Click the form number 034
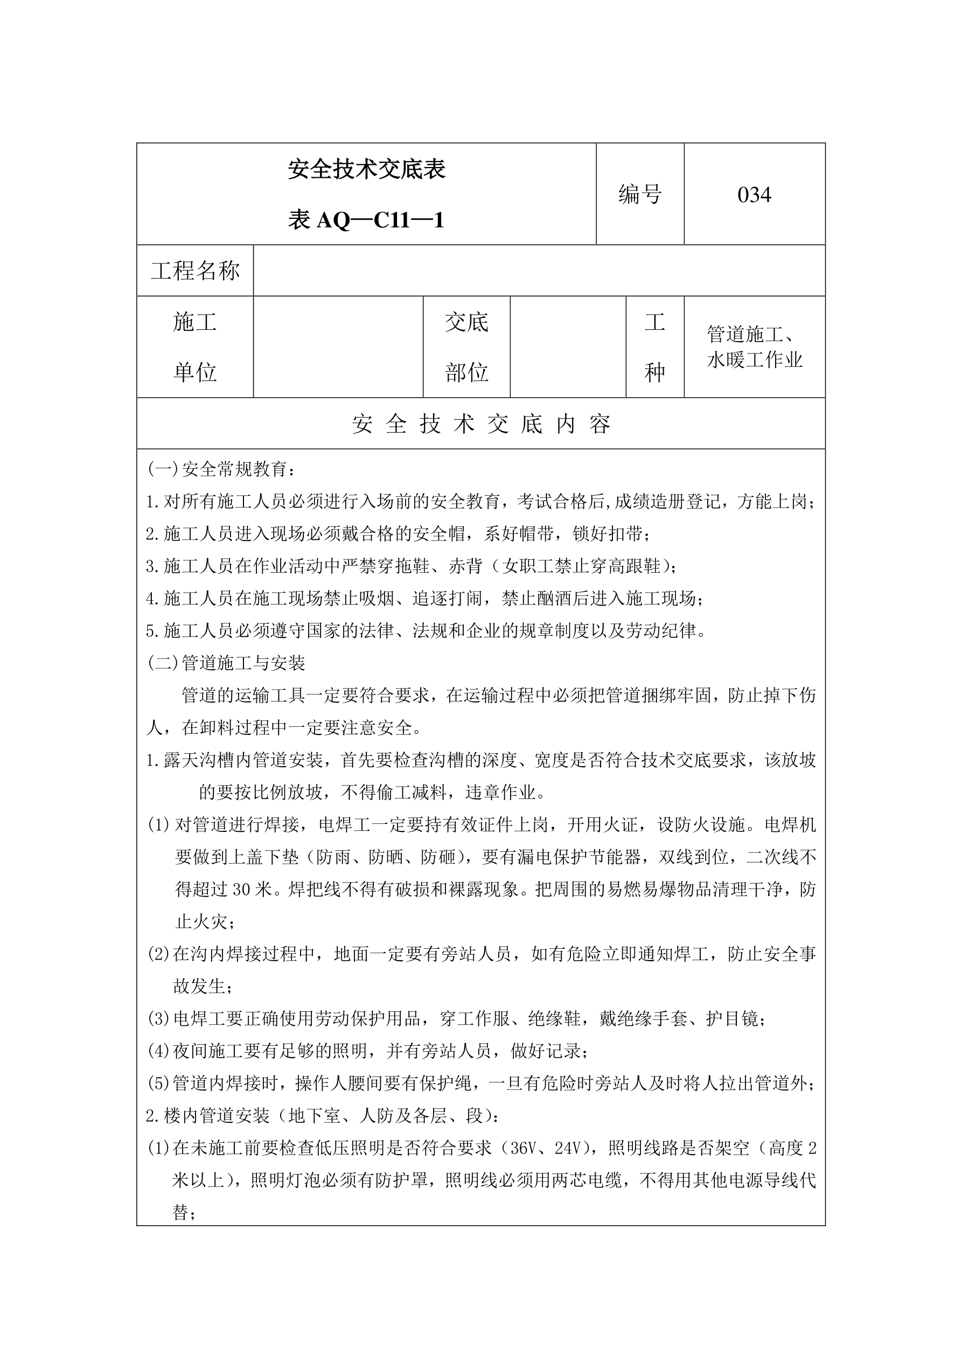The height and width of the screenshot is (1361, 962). (x=754, y=195)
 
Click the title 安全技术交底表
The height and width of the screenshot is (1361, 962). (x=366, y=170)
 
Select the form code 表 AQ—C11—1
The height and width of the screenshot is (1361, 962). (x=366, y=220)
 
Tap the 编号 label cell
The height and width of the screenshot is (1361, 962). (x=639, y=195)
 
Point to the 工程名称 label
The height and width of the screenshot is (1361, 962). (x=195, y=271)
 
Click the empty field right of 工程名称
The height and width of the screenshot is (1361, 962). (x=538, y=271)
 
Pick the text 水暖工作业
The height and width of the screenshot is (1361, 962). (x=754, y=360)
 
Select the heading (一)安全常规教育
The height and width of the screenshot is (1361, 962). (x=220, y=469)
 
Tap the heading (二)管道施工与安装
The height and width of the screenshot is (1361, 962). (x=226, y=663)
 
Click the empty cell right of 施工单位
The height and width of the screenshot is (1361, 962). (x=338, y=347)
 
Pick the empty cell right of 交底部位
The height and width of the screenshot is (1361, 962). (x=568, y=347)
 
